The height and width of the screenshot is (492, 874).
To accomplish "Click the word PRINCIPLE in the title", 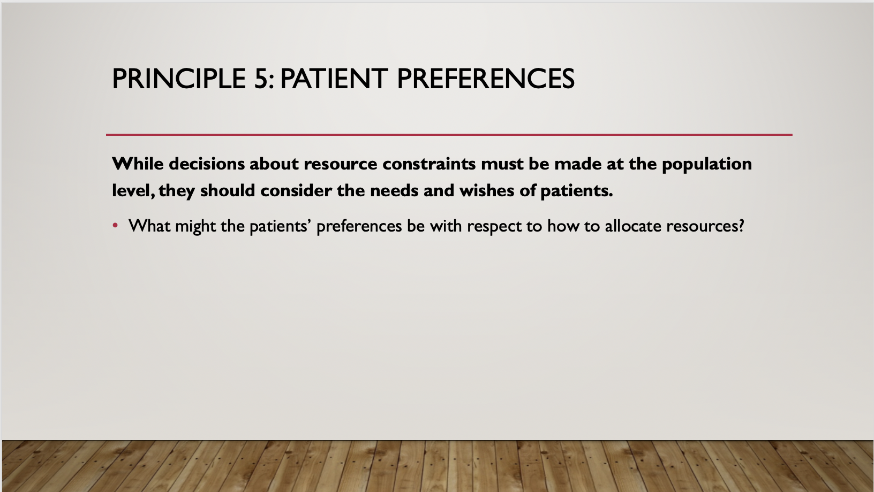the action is [x=179, y=79].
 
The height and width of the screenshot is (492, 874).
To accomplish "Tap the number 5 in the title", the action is [x=261, y=79].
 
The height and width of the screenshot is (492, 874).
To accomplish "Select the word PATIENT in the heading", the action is [x=334, y=79].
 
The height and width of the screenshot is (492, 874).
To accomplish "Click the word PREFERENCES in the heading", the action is [x=486, y=79].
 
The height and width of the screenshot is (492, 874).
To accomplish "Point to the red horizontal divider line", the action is [x=449, y=135].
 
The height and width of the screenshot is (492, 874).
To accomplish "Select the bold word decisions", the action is [x=207, y=164].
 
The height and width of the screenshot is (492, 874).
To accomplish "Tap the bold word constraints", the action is [x=429, y=164].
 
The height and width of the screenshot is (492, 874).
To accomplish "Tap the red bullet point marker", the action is [x=115, y=226].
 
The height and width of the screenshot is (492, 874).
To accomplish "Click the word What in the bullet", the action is [x=149, y=226].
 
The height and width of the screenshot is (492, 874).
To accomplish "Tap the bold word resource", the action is [x=341, y=165].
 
